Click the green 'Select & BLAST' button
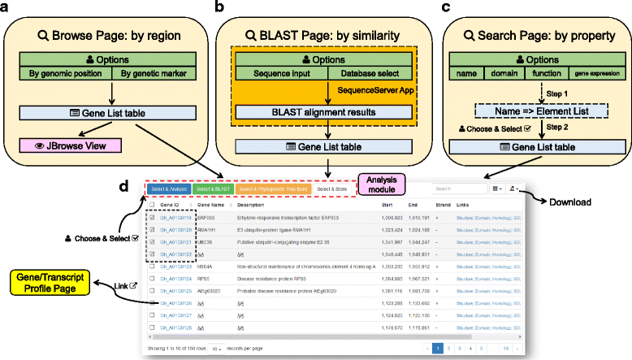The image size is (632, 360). (214, 189)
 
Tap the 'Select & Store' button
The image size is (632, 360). (331, 189)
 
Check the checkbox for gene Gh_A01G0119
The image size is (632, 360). (152, 219)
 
